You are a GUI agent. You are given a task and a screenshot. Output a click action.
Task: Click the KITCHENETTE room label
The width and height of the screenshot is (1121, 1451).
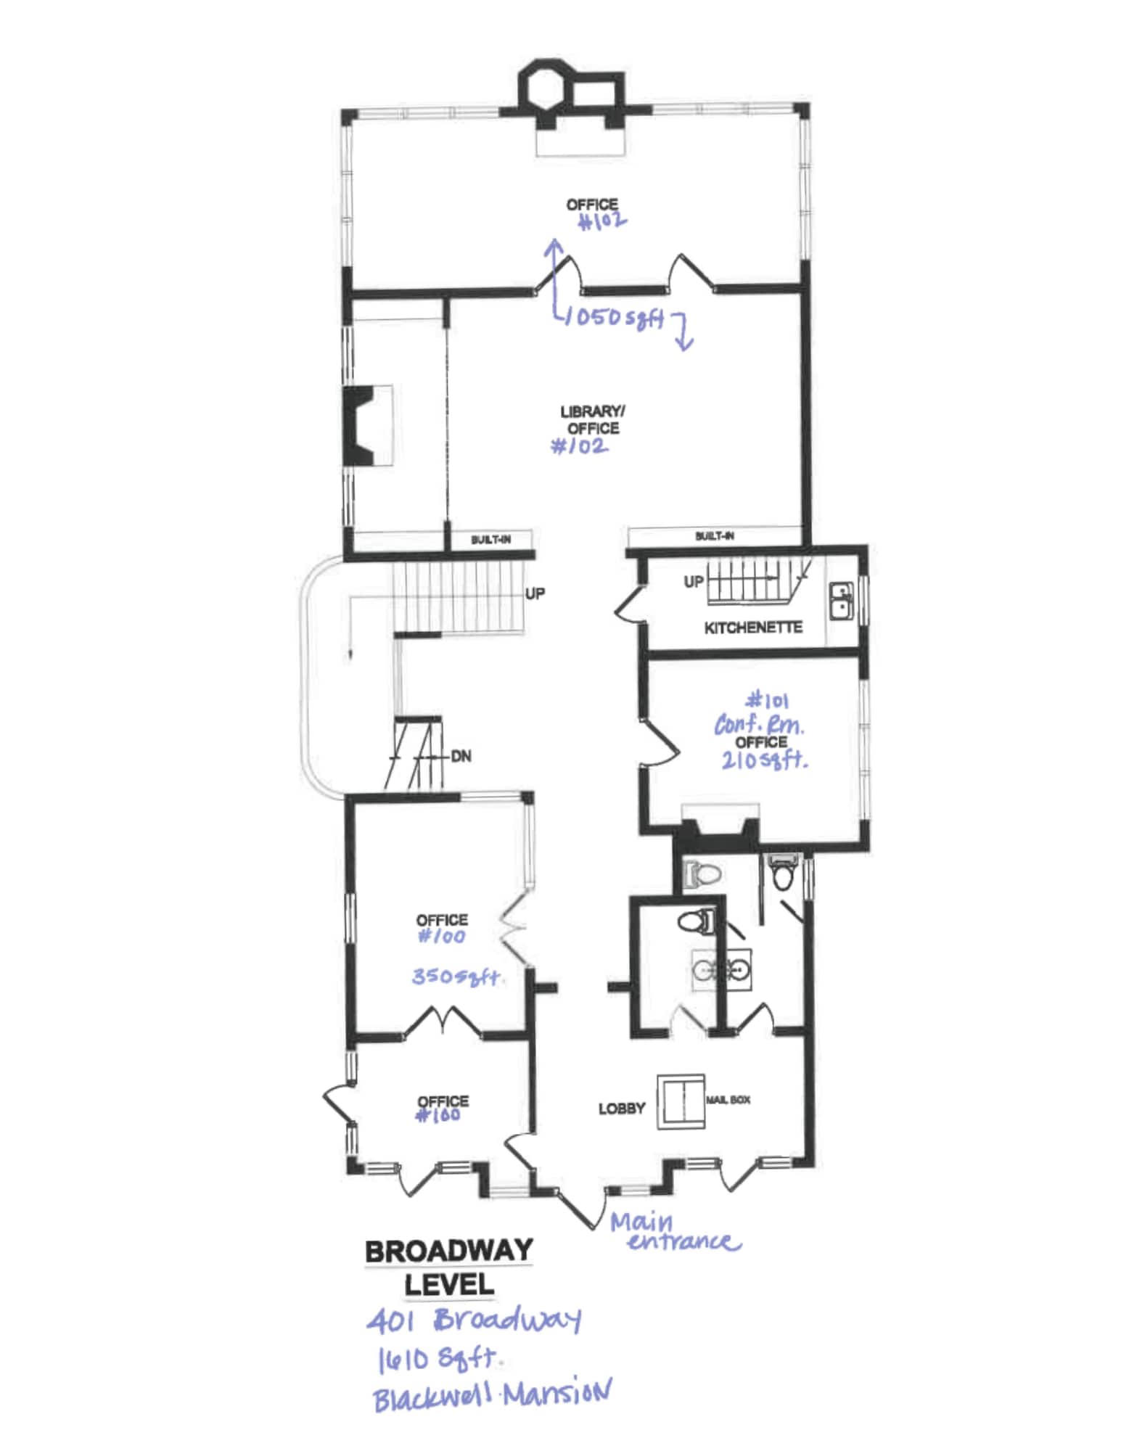(x=752, y=628)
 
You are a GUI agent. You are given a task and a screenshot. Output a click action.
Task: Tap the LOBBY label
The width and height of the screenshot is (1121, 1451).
(x=621, y=1109)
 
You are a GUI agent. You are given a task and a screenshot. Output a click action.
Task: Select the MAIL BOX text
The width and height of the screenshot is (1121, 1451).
(x=728, y=1100)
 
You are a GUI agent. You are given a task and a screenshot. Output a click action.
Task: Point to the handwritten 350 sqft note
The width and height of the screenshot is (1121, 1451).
(x=456, y=977)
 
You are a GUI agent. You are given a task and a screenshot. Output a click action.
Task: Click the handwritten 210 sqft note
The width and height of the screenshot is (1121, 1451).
(x=763, y=760)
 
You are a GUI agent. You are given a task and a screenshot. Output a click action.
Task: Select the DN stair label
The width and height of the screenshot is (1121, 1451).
(x=461, y=756)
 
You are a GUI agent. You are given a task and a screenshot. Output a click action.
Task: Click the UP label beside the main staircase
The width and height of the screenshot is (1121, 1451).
(x=535, y=593)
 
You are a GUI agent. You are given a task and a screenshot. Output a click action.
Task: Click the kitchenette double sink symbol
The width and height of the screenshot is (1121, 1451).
(x=842, y=601)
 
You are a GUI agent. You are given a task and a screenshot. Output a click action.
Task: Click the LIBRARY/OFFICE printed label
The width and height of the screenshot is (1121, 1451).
(x=593, y=420)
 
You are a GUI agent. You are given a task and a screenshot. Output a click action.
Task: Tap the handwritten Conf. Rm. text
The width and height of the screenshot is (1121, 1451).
(x=759, y=724)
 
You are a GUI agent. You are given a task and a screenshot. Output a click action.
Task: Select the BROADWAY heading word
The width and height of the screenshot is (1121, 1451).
(x=448, y=1250)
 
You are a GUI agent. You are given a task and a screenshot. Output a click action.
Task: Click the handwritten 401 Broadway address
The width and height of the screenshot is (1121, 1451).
(x=473, y=1320)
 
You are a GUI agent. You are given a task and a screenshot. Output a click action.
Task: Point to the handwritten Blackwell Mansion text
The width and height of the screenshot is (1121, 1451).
(x=492, y=1394)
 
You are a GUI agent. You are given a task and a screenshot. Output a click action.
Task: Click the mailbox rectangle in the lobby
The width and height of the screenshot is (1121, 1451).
(x=681, y=1101)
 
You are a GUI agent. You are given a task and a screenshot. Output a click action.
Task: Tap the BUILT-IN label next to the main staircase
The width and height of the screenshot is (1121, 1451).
(x=490, y=540)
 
